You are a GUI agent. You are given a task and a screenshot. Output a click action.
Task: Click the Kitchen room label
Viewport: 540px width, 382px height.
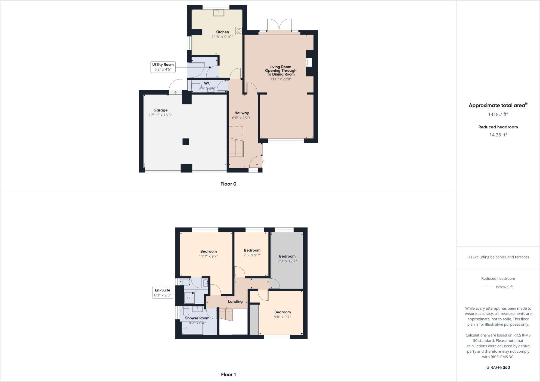coord(222,32)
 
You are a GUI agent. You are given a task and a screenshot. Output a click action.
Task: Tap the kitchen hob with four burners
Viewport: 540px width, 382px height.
coord(239,31)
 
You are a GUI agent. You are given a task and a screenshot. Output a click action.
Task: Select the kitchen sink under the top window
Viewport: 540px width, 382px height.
coord(218,13)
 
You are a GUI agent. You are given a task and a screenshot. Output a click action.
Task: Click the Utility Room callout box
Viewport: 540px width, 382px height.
coord(163,67)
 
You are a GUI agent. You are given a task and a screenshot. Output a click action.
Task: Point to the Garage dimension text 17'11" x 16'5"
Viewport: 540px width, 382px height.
coord(160,115)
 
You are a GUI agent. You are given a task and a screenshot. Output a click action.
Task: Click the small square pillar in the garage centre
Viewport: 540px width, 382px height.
coord(186,141)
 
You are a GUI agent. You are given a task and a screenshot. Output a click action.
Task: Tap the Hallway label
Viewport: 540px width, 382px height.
coord(242,113)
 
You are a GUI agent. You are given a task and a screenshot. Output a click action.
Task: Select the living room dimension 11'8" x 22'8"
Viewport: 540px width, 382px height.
coord(281,79)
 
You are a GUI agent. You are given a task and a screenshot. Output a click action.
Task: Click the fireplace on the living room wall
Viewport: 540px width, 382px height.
coord(309,62)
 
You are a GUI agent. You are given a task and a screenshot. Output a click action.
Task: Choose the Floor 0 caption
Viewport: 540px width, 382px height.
coord(228,184)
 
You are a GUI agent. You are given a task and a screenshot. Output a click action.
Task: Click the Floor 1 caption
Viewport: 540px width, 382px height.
coord(228,375)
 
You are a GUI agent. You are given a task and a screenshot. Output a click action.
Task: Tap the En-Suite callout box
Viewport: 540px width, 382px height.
coord(163,292)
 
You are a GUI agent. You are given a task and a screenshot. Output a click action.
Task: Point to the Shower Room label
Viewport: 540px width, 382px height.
coord(197,318)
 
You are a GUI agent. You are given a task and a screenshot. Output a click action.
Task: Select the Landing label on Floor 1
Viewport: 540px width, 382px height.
coord(235,301)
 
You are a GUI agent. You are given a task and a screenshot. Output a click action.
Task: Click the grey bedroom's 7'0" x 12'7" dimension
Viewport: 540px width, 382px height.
coord(287,261)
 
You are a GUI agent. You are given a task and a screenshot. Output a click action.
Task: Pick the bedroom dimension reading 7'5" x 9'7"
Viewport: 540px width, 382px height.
coord(252,255)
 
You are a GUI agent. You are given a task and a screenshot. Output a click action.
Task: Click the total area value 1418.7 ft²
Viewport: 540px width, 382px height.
coord(498,114)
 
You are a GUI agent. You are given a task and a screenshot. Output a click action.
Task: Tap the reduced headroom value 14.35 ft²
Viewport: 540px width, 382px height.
coord(498,135)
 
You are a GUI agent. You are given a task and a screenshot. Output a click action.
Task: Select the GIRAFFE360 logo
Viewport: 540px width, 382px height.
coord(498,367)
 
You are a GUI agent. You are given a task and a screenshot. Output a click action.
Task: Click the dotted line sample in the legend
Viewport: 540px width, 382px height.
coord(488,287)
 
